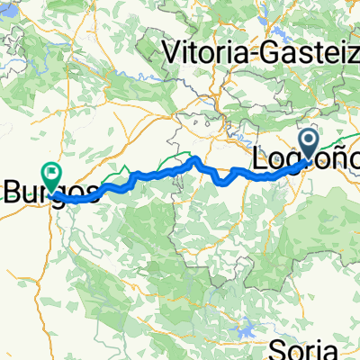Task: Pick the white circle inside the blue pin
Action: pos(309,139)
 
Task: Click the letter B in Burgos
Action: pos(15,191)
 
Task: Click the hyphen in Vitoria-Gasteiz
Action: pos(255,54)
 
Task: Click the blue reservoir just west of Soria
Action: pos(245,321)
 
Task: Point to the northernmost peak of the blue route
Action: pos(195,160)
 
